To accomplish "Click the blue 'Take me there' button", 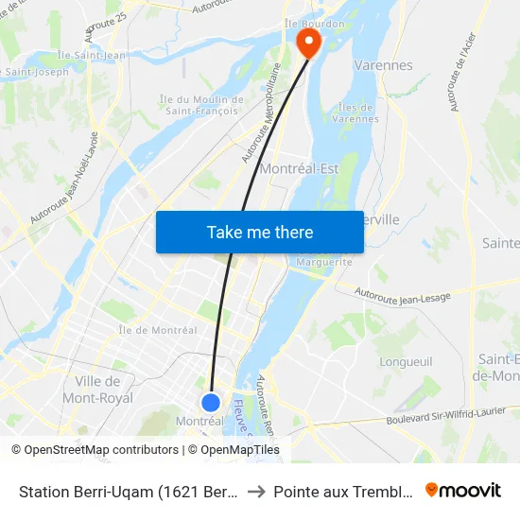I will coord(260,232).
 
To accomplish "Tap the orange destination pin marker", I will coord(308,41).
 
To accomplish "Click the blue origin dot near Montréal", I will coord(211,403).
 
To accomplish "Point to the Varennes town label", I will coord(383,65).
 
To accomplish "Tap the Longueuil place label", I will coord(405,361).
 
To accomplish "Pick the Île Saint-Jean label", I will coord(91,55).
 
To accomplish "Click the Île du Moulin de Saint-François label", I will coord(202,105).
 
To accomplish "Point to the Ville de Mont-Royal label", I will coord(96,389).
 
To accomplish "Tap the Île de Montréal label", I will coord(158,330).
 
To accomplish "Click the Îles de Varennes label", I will coord(355,113).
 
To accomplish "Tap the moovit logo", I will coord(463,490).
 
